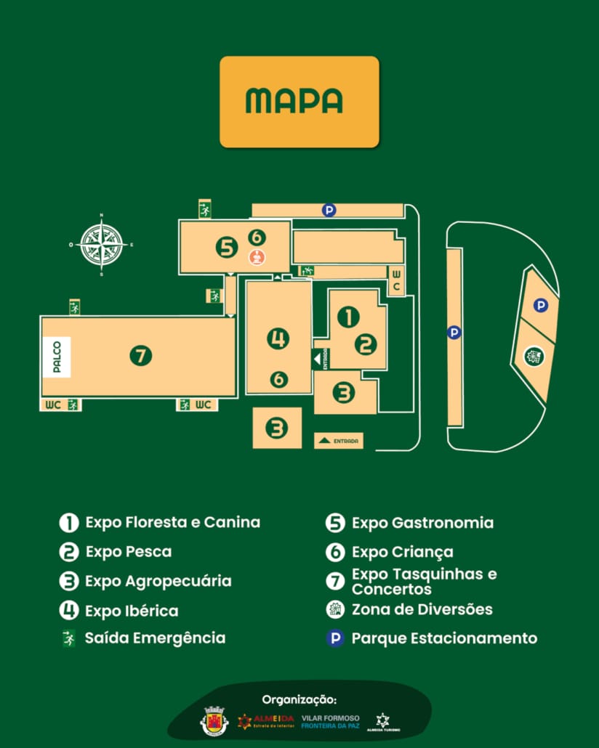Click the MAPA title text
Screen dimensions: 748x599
click(294, 101)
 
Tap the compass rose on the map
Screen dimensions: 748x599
click(101, 245)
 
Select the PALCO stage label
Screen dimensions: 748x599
click(57, 357)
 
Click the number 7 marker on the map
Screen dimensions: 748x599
click(140, 356)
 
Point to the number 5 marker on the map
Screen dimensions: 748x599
click(227, 248)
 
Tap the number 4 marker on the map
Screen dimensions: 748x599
click(278, 338)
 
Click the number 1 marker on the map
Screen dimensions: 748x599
click(348, 317)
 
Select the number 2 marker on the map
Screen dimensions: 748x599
click(365, 344)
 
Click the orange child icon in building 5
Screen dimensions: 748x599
click(256, 256)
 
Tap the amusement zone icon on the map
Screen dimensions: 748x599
click(534, 356)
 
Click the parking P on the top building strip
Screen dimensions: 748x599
click(329, 211)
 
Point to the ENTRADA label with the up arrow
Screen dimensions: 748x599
click(339, 441)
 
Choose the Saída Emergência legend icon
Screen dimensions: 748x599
click(68, 638)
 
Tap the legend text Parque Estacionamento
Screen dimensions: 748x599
click(444, 638)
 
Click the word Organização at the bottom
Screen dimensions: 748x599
click(299, 699)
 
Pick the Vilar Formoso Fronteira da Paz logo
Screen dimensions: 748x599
click(330, 721)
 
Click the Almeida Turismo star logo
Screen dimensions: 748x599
click(383, 720)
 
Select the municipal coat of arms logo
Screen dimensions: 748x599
click(213, 721)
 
